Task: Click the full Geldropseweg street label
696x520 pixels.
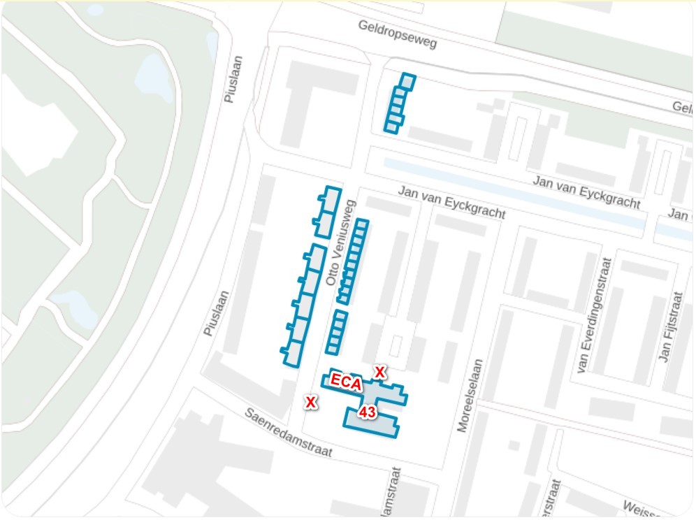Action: point(397,34)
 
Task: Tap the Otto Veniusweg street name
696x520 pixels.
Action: point(342,243)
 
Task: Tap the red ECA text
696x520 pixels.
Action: point(346,382)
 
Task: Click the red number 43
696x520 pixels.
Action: point(367,412)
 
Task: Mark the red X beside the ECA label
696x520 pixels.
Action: point(379,371)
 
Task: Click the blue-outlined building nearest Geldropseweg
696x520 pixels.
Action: point(398,103)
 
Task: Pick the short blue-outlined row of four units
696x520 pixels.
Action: point(336,332)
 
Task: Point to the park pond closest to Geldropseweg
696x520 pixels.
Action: point(152,75)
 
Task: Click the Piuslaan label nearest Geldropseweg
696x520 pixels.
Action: point(232,79)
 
